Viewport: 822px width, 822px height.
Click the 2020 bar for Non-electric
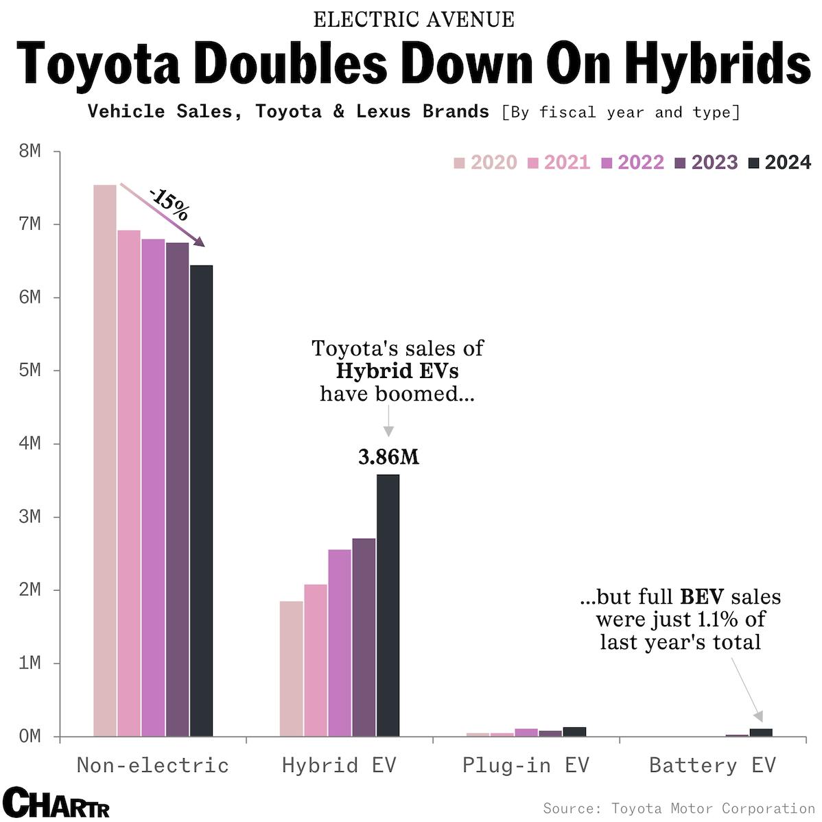104,460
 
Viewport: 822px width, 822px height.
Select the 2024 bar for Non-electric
201,501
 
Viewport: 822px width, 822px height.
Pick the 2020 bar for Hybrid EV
291,668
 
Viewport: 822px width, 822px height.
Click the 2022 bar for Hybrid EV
340,642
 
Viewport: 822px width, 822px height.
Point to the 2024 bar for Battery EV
761,733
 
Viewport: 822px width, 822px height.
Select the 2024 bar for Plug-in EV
574,731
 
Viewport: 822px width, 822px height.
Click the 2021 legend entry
559,163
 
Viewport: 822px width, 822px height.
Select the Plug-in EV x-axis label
526,765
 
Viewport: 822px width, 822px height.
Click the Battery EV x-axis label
712,765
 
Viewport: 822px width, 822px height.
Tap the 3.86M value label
388,457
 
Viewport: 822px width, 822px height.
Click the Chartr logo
56,803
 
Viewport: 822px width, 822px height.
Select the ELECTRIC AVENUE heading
413,20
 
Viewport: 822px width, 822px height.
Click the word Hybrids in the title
709,64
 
